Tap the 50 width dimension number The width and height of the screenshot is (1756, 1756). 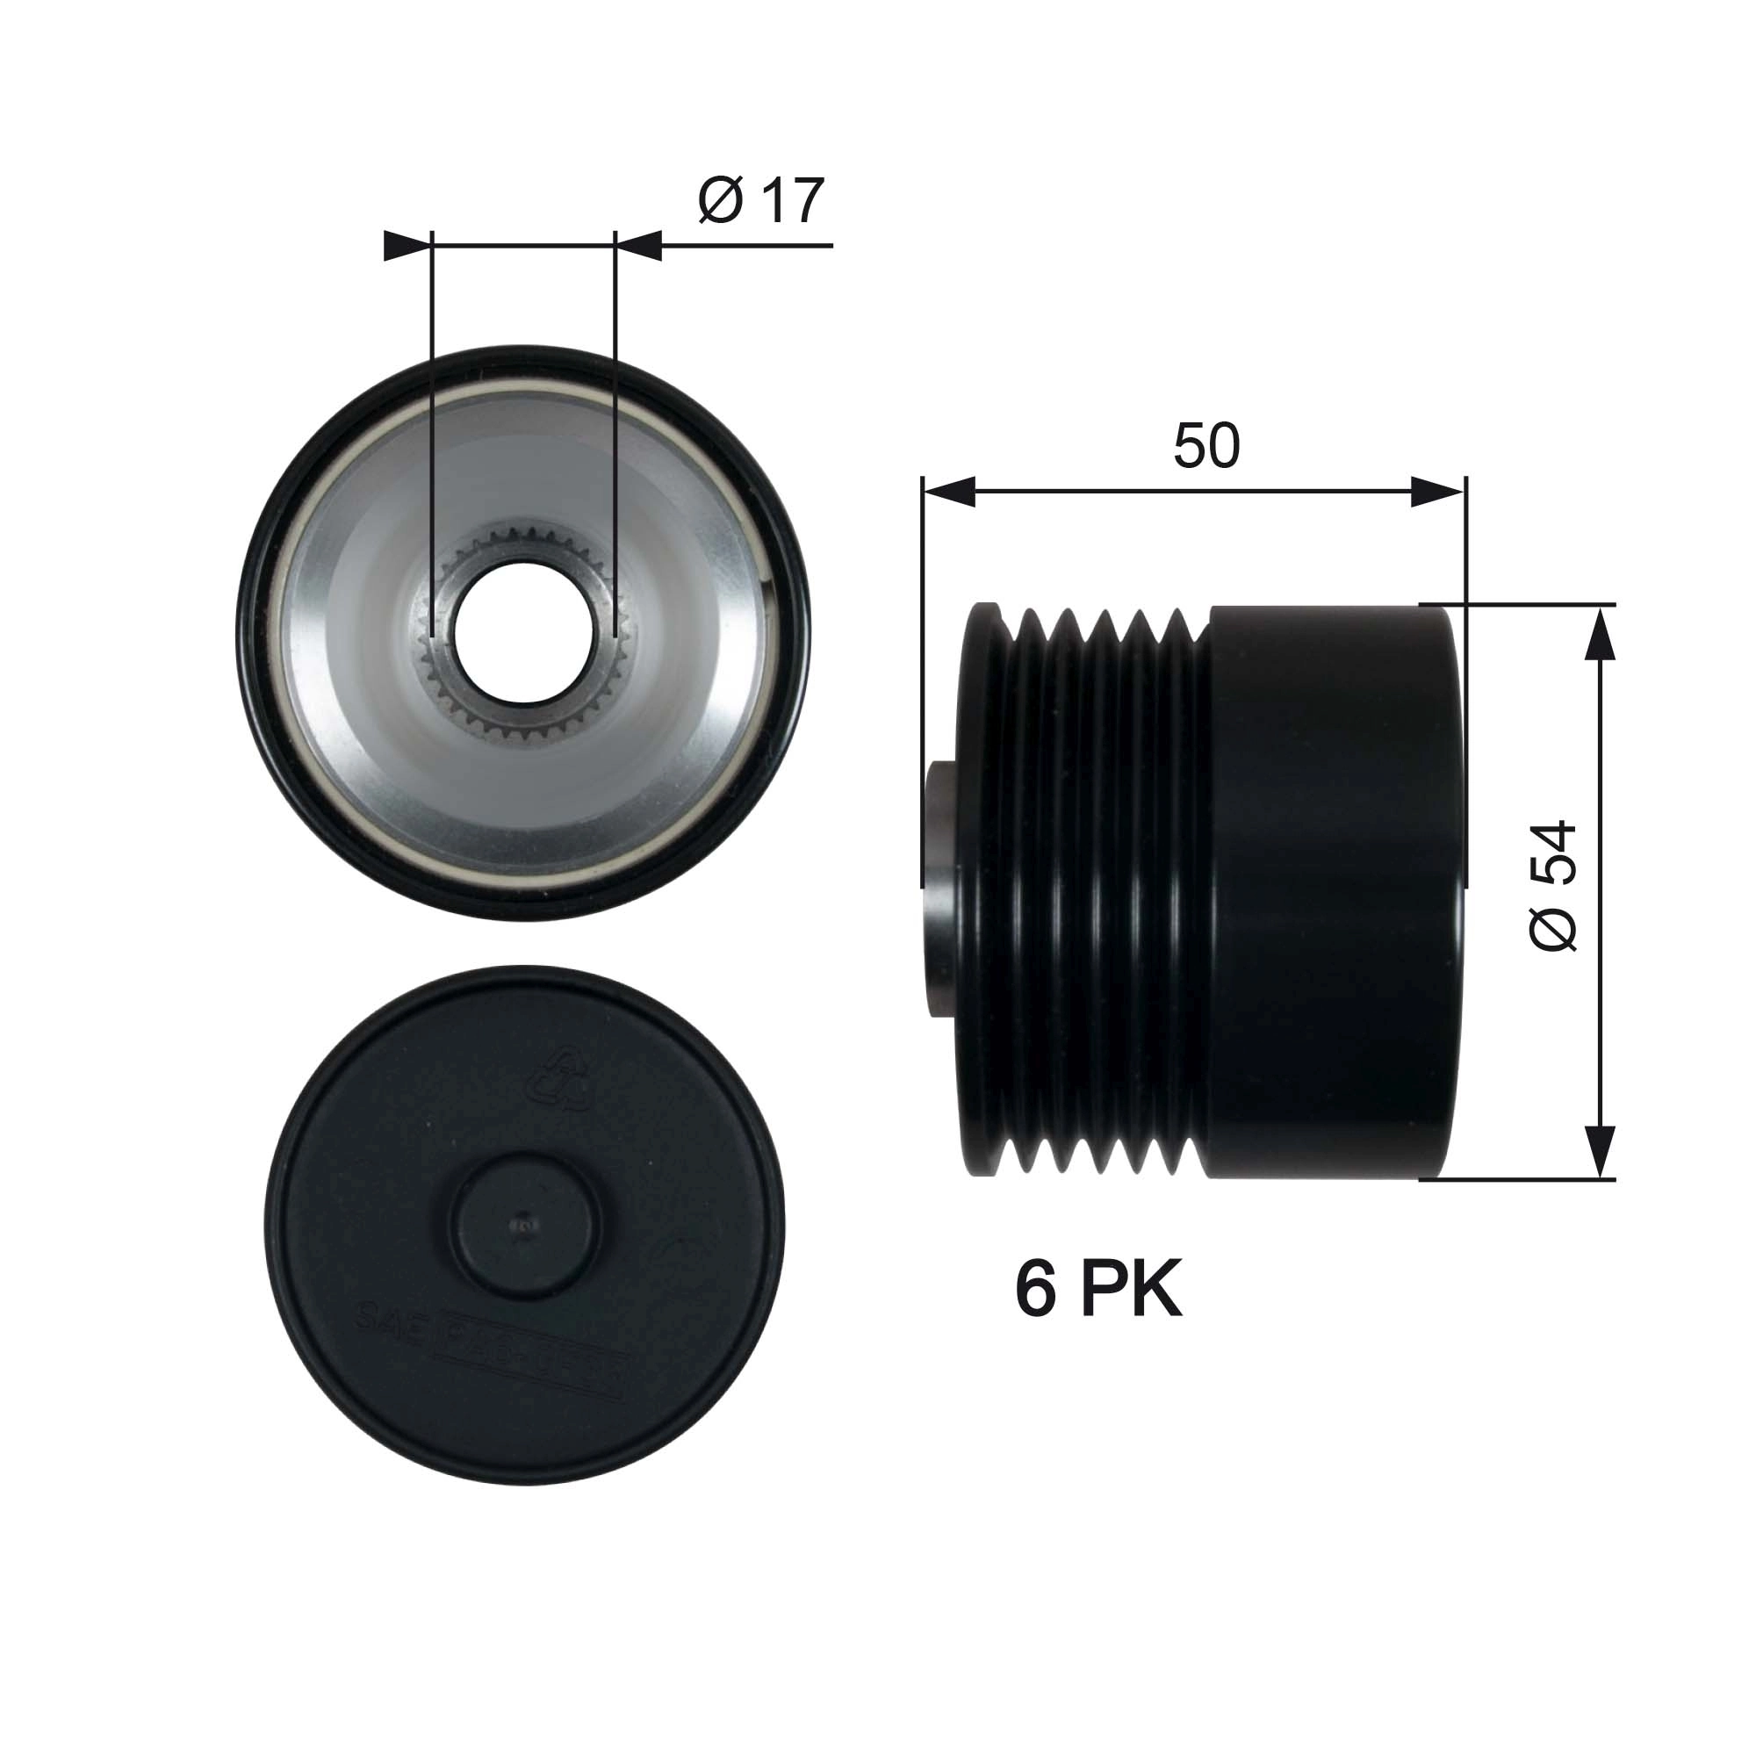1206,445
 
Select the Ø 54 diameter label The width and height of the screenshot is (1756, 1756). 1552,885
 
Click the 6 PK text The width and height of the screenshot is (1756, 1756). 1098,1291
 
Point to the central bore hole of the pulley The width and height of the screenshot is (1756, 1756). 523,632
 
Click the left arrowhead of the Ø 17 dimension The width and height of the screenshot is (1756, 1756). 407,246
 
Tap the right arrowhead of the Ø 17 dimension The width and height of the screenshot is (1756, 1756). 639,246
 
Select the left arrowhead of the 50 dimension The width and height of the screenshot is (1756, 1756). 948,493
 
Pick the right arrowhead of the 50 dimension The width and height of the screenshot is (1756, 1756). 1439,493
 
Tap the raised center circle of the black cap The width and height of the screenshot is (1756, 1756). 525,1227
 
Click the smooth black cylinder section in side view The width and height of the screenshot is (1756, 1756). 1336,890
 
